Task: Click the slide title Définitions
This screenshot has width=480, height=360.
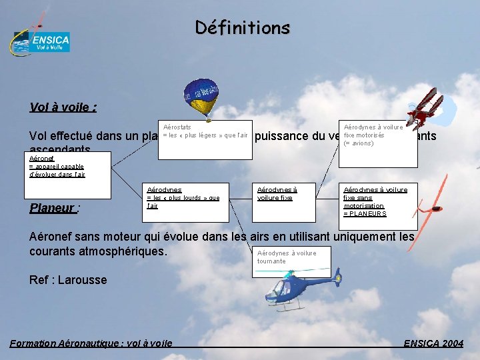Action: click(243, 28)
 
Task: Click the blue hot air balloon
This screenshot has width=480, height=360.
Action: click(201, 97)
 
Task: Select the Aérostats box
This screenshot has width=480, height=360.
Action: click(205, 139)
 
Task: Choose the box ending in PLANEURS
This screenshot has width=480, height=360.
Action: click(379, 202)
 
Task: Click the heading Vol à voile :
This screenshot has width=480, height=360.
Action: click(63, 107)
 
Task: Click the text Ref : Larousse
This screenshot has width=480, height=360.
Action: click(68, 280)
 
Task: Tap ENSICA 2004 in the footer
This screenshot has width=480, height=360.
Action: click(433, 343)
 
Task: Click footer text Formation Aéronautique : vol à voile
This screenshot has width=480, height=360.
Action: click(91, 343)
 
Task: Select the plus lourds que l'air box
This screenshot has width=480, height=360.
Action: click(187, 202)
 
